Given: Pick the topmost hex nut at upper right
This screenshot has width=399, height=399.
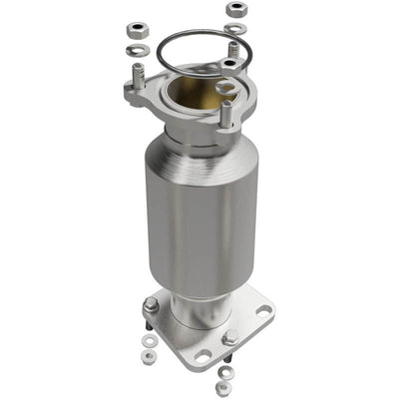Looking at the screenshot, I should click(235, 9).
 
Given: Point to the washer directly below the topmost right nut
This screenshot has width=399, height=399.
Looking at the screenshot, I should click(235, 27).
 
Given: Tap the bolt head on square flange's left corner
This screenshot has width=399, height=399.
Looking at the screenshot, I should click(150, 305).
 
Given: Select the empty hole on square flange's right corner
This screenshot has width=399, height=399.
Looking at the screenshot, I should click(262, 310).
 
